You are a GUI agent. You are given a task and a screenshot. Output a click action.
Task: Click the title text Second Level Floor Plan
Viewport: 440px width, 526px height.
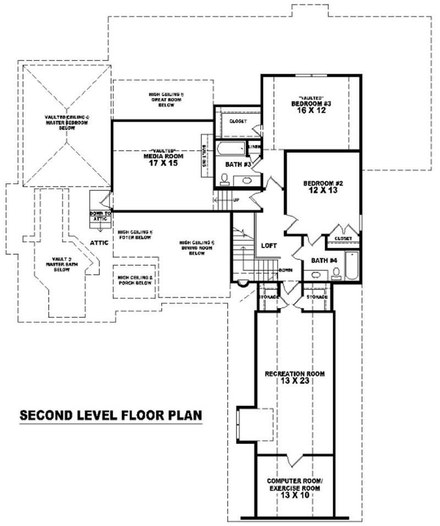point(111,415)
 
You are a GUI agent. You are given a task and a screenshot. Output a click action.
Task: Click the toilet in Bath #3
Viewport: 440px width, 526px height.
point(224,178)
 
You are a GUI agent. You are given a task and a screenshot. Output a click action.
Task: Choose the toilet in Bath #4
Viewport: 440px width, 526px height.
point(335,273)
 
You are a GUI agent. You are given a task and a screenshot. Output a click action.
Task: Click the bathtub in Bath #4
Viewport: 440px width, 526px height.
point(352,265)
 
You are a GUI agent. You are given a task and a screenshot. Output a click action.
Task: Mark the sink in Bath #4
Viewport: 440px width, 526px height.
point(315,275)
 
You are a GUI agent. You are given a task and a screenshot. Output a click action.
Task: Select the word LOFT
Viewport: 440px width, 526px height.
point(269,246)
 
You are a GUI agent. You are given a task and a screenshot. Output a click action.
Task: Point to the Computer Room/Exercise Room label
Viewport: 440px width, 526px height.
point(294,484)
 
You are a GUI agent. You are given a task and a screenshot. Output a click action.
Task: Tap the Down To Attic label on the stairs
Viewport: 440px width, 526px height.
point(101,216)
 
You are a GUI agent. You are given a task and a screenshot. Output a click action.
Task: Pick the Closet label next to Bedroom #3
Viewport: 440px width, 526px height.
point(238,121)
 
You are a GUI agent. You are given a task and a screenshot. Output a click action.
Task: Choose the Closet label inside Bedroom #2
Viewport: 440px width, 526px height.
point(343,238)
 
